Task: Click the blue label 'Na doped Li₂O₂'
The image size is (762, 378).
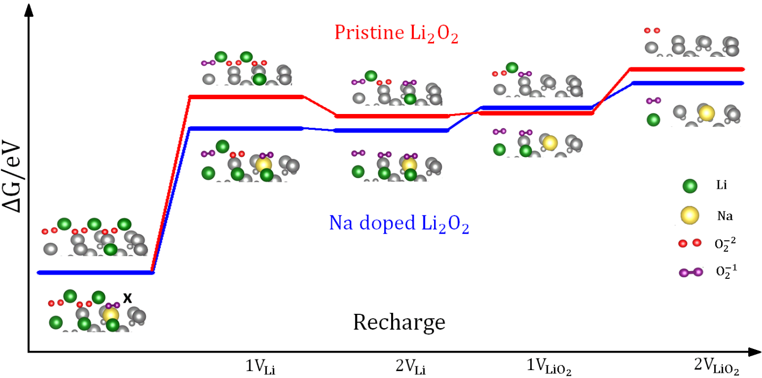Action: [399, 225]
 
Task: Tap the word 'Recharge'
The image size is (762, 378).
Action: [399, 322]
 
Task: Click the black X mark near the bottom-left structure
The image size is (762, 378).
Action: [127, 298]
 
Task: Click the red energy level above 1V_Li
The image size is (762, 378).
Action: [246, 97]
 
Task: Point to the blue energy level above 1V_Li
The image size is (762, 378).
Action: [246, 128]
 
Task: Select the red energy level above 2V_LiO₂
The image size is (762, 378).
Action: [687, 69]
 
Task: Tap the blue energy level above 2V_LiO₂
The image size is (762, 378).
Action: [687, 83]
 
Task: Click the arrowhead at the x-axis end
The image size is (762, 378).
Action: [754, 351]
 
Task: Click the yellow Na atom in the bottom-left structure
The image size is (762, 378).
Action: [111, 315]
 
